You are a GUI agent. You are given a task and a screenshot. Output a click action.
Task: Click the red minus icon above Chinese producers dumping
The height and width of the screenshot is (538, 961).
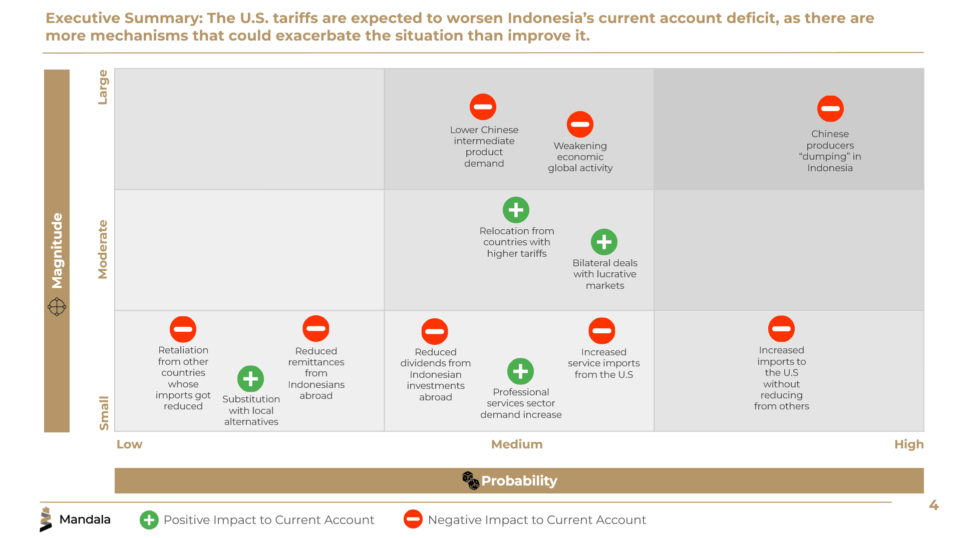[x=830, y=109]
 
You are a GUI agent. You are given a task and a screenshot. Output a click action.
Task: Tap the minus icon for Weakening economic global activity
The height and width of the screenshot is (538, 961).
[x=580, y=124]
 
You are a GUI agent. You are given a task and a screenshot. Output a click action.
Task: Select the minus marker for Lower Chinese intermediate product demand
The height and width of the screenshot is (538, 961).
[x=483, y=107]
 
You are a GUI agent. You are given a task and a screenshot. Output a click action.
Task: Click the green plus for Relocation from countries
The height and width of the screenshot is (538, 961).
[x=516, y=210]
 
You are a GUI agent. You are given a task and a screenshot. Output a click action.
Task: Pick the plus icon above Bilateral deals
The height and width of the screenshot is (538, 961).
[x=604, y=242]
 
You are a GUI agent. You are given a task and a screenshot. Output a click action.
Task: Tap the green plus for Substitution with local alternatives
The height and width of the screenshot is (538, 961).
[x=250, y=379]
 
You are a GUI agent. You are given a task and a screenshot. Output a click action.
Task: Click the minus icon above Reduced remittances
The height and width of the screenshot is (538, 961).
[x=316, y=328]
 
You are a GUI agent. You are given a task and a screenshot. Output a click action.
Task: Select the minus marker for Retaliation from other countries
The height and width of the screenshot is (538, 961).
[x=183, y=329]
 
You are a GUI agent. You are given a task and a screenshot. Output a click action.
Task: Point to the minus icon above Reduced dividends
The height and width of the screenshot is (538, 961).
[x=435, y=331]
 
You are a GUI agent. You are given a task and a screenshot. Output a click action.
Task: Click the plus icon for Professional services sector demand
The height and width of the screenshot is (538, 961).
[x=520, y=371]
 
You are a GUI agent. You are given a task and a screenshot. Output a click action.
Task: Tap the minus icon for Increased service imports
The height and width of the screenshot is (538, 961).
[x=601, y=331]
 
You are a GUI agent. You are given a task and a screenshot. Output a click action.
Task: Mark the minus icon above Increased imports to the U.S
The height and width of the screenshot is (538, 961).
[x=781, y=329]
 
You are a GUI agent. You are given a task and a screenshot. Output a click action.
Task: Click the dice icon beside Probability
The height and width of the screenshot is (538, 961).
[x=471, y=480]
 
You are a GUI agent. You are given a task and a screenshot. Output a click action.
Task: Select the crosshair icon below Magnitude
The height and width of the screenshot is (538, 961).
[x=57, y=307]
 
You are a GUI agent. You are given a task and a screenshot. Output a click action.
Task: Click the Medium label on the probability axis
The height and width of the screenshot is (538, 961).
[x=517, y=444]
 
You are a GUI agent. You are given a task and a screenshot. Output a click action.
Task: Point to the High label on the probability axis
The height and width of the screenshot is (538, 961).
[x=909, y=444]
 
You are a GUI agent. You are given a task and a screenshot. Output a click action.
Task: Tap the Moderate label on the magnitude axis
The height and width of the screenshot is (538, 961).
[x=103, y=249]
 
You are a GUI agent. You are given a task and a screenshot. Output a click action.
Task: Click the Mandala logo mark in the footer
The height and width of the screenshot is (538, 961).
[x=46, y=519]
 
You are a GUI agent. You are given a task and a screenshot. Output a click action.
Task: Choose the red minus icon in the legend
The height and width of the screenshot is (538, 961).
[x=413, y=519]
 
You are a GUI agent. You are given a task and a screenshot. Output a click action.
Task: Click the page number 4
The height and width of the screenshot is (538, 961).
[x=933, y=505]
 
